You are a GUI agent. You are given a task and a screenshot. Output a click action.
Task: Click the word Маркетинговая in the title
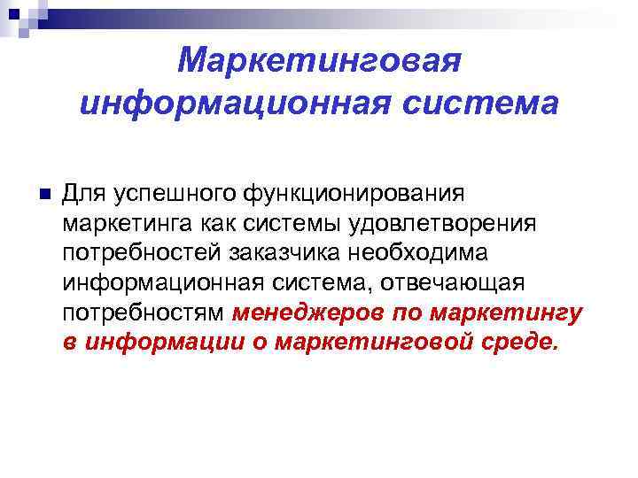(x=319, y=62)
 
